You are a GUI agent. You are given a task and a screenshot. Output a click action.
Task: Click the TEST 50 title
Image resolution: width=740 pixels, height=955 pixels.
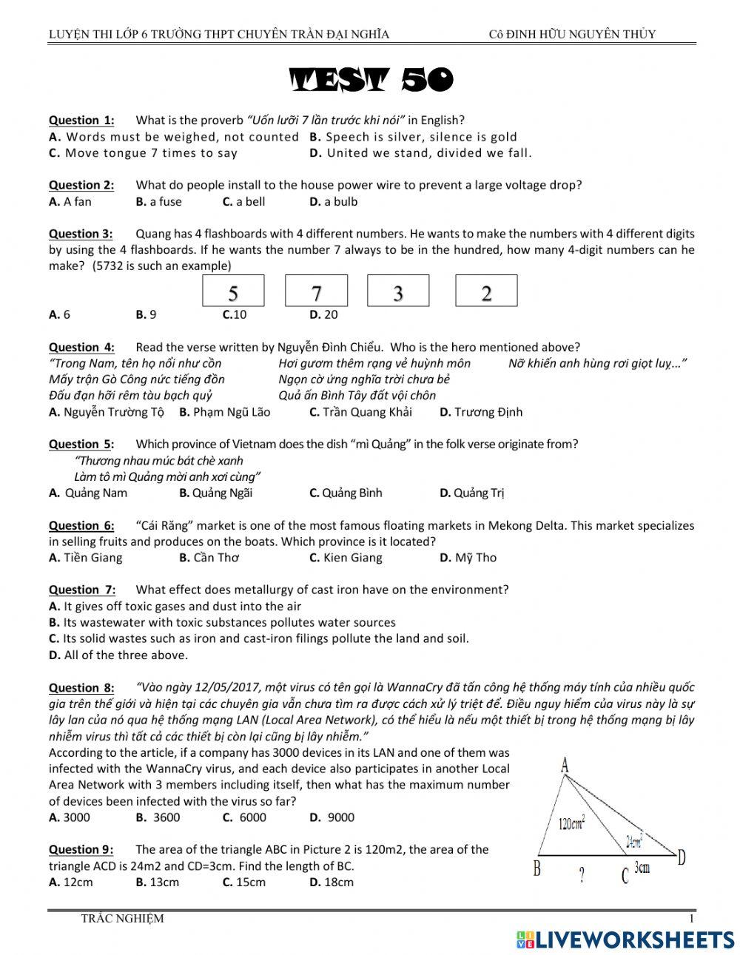point(371,81)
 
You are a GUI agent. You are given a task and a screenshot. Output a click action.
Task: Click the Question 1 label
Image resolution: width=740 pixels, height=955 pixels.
point(81,120)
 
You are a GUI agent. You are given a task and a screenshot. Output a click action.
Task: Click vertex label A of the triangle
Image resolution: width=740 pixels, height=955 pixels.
point(565,765)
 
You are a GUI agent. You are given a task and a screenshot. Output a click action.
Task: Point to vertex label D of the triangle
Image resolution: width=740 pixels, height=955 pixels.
point(682,857)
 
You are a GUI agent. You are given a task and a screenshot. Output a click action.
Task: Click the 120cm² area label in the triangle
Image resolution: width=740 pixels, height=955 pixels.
point(572,823)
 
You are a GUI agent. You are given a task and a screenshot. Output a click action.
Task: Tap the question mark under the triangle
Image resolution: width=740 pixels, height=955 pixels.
point(582,877)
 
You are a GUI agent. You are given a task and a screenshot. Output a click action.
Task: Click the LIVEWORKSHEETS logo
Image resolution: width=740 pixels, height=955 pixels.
point(625,939)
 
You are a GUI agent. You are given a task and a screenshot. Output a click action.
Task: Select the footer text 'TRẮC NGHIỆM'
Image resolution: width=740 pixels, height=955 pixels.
point(122,919)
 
